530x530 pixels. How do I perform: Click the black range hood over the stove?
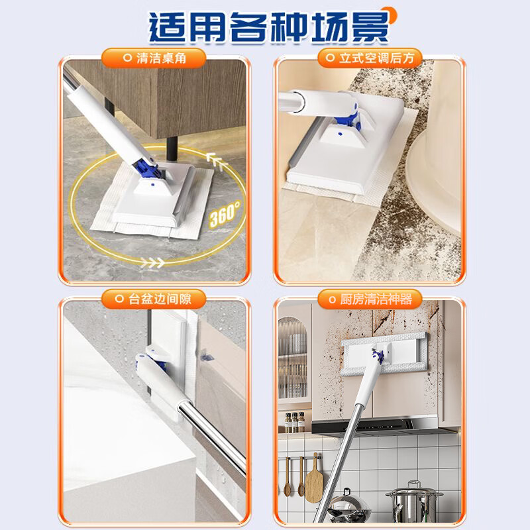click(391, 424)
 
